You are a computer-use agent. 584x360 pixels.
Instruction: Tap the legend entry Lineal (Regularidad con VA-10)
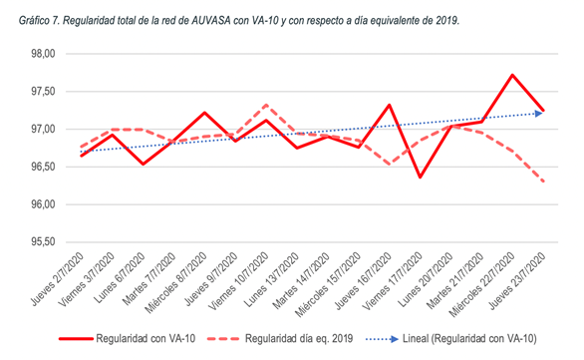coord(462,338)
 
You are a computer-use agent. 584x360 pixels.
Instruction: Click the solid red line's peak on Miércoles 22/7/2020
coord(511,75)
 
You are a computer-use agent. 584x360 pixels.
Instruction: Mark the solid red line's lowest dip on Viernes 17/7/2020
coord(419,178)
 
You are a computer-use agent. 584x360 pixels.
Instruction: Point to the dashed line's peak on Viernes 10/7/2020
coord(265,105)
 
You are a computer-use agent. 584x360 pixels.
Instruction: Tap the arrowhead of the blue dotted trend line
coord(539,113)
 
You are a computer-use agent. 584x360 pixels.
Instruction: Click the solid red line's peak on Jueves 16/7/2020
coord(388,105)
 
